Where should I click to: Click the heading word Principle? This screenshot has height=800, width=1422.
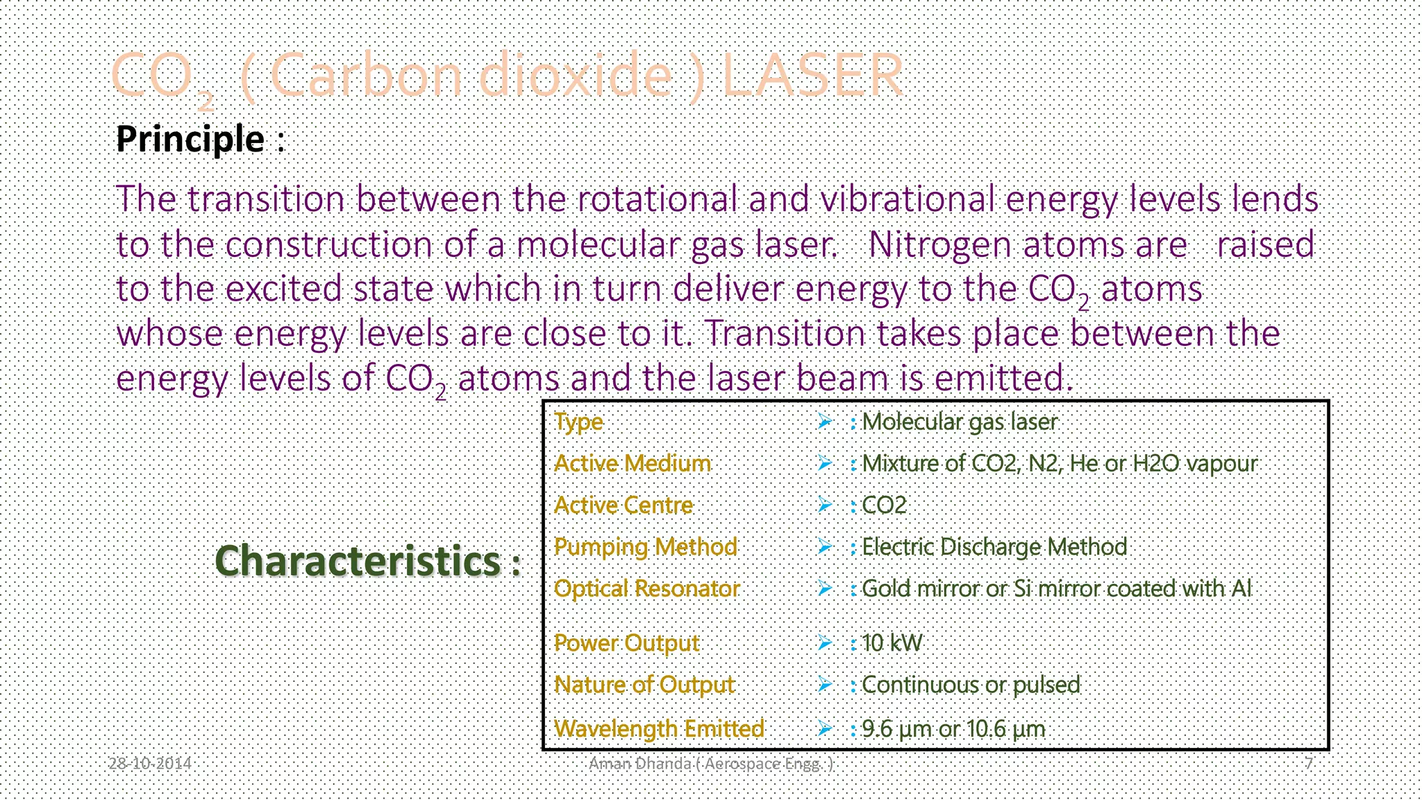190,139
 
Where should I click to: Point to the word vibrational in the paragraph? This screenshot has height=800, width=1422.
907,199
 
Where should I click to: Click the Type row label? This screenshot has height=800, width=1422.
578,422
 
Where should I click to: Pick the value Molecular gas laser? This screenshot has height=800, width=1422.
959,422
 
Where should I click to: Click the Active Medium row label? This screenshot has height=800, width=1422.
633,463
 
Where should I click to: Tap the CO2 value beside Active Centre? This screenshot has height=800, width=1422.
884,505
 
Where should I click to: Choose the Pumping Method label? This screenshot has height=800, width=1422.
645,547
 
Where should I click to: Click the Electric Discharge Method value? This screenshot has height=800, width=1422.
994,547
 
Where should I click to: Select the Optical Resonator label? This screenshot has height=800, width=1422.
646,589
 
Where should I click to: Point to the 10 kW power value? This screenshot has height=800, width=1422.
892,643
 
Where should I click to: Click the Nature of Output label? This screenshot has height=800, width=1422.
644,685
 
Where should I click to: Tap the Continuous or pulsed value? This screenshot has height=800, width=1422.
970,685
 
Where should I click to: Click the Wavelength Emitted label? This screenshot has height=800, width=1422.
659,728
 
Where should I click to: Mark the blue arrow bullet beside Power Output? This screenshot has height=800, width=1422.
825,643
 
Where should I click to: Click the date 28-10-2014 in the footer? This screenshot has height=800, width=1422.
150,764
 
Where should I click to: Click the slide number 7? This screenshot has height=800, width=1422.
1308,764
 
